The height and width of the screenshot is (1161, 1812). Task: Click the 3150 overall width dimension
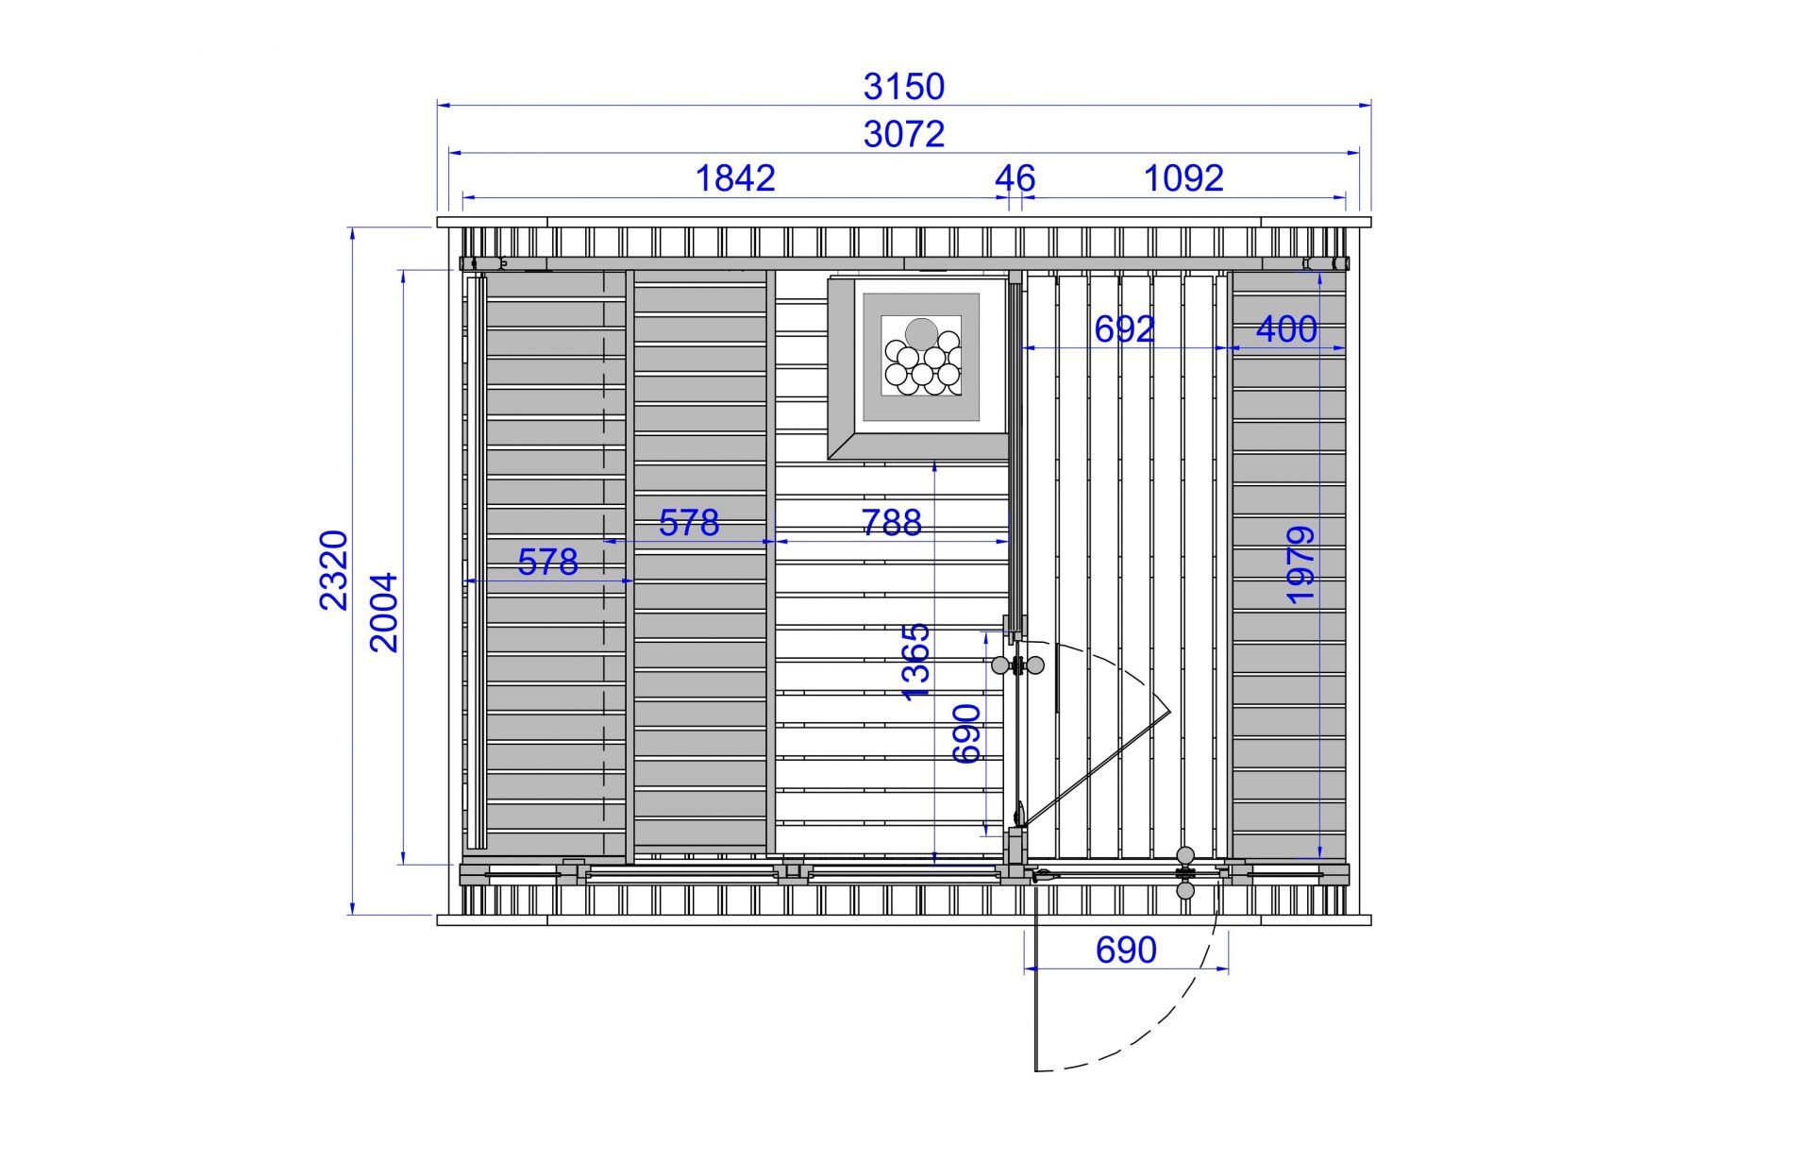(x=903, y=86)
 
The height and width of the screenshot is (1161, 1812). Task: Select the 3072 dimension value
(x=903, y=134)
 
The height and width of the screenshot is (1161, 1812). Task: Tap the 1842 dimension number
(x=735, y=177)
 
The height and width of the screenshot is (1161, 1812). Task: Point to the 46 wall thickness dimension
(x=1015, y=177)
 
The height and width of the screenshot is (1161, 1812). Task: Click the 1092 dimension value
(x=1183, y=177)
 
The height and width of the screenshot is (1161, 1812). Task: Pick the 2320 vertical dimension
(x=334, y=570)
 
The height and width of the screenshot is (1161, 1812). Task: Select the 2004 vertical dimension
(x=384, y=613)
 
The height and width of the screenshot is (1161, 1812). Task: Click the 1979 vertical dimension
(x=1300, y=565)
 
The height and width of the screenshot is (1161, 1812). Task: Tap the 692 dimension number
(x=1125, y=328)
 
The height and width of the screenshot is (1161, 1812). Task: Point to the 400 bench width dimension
(x=1286, y=328)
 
